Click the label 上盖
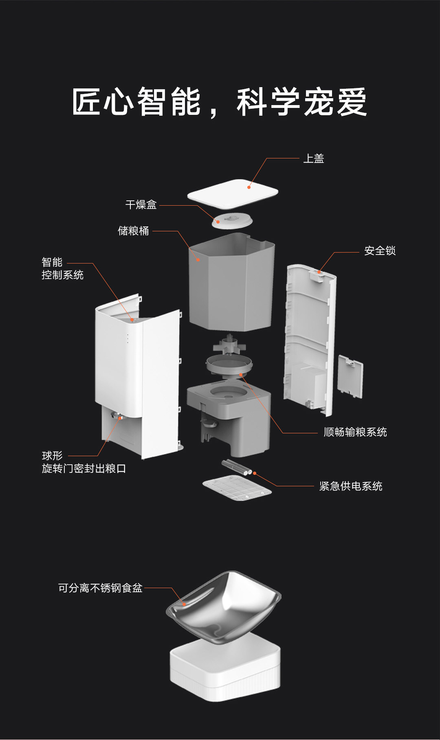[x=313, y=158]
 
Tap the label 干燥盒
[x=141, y=204]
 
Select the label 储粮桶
[x=133, y=231]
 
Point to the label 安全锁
[x=380, y=250]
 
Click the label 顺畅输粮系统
[x=355, y=432]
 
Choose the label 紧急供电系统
[x=350, y=486]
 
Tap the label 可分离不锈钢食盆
[x=100, y=588]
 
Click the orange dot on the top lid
[x=249, y=187]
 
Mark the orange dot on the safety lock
[x=319, y=272]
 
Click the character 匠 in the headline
[x=86, y=102]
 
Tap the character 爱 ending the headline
[x=352, y=102]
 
